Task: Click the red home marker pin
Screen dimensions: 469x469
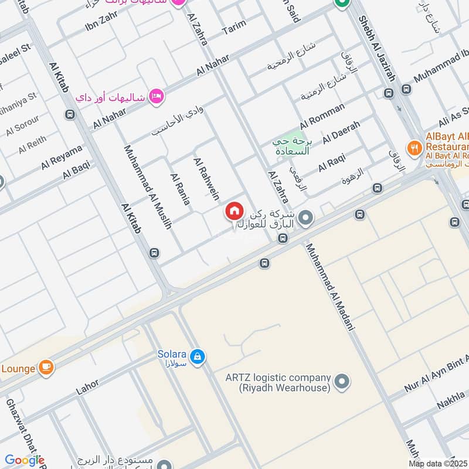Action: click(234, 211)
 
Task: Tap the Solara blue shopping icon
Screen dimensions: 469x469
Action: click(198, 356)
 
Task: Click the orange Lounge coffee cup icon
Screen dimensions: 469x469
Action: click(46, 368)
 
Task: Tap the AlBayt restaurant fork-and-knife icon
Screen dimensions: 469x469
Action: click(414, 148)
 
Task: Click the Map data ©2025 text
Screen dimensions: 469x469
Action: click(438, 463)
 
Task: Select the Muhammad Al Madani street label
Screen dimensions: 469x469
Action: click(330, 287)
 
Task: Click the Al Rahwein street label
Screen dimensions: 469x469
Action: click(206, 178)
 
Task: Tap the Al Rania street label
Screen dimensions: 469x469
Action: click(179, 189)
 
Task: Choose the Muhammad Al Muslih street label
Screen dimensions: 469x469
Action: click(148, 186)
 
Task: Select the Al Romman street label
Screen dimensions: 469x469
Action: click(322, 117)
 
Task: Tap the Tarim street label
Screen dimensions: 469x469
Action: click(233, 30)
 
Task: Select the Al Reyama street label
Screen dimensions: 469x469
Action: click(62, 158)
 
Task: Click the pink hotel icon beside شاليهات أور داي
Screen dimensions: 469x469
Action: click(155, 95)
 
